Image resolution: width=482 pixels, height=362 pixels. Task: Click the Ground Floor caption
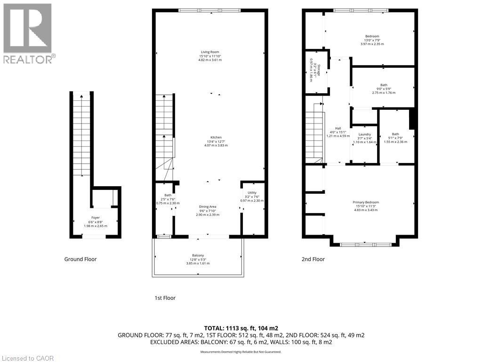[81, 259]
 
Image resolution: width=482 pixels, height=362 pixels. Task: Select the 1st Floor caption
[165, 298]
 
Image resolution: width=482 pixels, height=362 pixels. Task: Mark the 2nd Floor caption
[313, 259]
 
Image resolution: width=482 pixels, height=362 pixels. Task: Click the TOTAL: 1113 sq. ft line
[241, 328]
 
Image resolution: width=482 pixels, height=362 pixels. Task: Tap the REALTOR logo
[29, 33]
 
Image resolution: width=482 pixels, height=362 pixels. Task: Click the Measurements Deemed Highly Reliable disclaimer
[241, 352]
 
